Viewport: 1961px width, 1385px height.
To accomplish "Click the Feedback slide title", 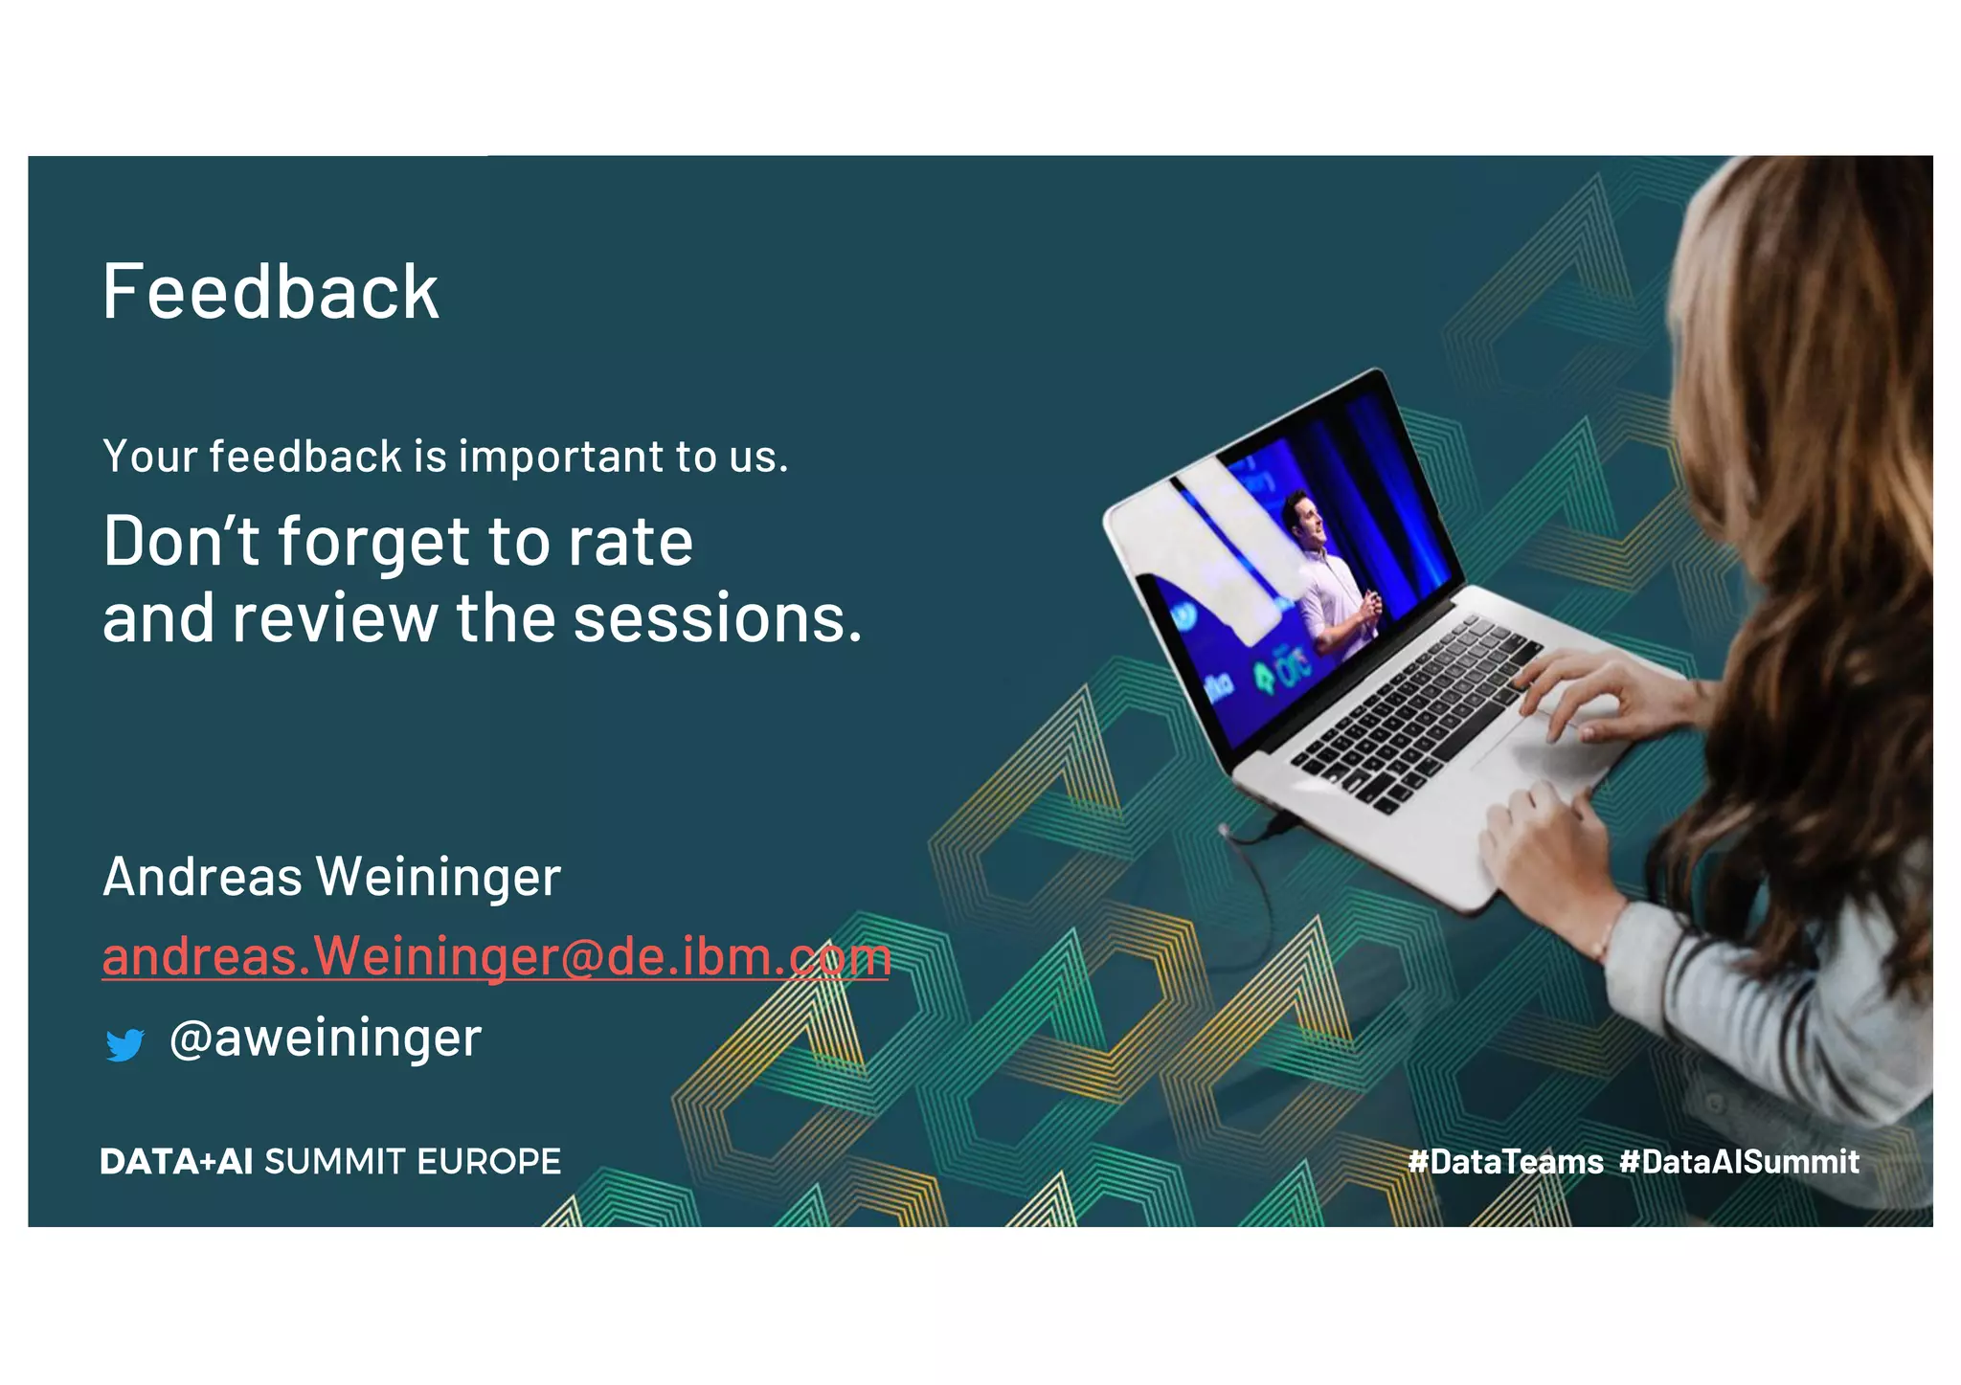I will pyautogui.click(x=270, y=292).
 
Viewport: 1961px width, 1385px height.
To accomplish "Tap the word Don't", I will pyautogui.click(x=180, y=542).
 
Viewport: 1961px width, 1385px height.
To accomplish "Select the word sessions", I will pyautogui.click(x=716, y=619).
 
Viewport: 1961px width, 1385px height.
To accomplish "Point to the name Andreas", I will pyautogui.click(x=202, y=877).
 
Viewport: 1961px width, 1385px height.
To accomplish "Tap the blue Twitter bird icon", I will pyautogui.click(x=124, y=1044).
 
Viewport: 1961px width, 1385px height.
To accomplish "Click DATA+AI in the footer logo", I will pyautogui.click(x=176, y=1162).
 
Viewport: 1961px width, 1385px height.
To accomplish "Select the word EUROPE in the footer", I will pyautogui.click(x=488, y=1162).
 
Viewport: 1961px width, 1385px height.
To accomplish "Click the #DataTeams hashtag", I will pyautogui.click(x=1505, y=1162).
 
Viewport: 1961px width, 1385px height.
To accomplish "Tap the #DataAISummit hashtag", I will pyautogui.click(x=1739, y=1162).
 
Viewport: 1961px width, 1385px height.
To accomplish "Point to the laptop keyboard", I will pyautogui.click(x=1417, y=708).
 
